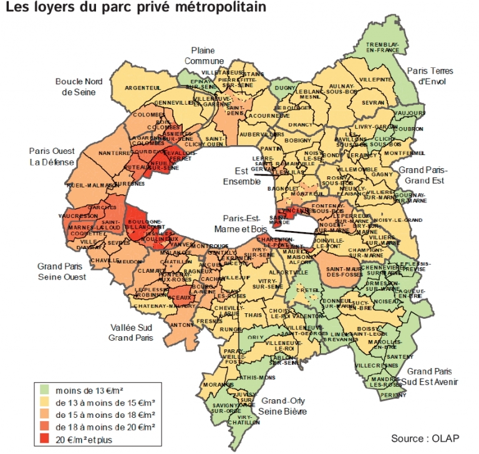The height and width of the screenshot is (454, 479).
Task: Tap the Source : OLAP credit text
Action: pos(425,438)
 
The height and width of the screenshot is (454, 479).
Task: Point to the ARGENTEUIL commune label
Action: pos(143,88)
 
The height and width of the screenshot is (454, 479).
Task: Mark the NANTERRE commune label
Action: pos(113,153)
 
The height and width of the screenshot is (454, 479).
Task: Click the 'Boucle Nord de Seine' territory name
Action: pos(79,87)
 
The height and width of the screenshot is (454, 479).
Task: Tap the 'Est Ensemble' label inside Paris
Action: pos(241,176)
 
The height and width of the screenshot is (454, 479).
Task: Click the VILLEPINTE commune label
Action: pos(375,80)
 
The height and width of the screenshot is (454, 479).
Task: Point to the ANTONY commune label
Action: pos(181,325)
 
